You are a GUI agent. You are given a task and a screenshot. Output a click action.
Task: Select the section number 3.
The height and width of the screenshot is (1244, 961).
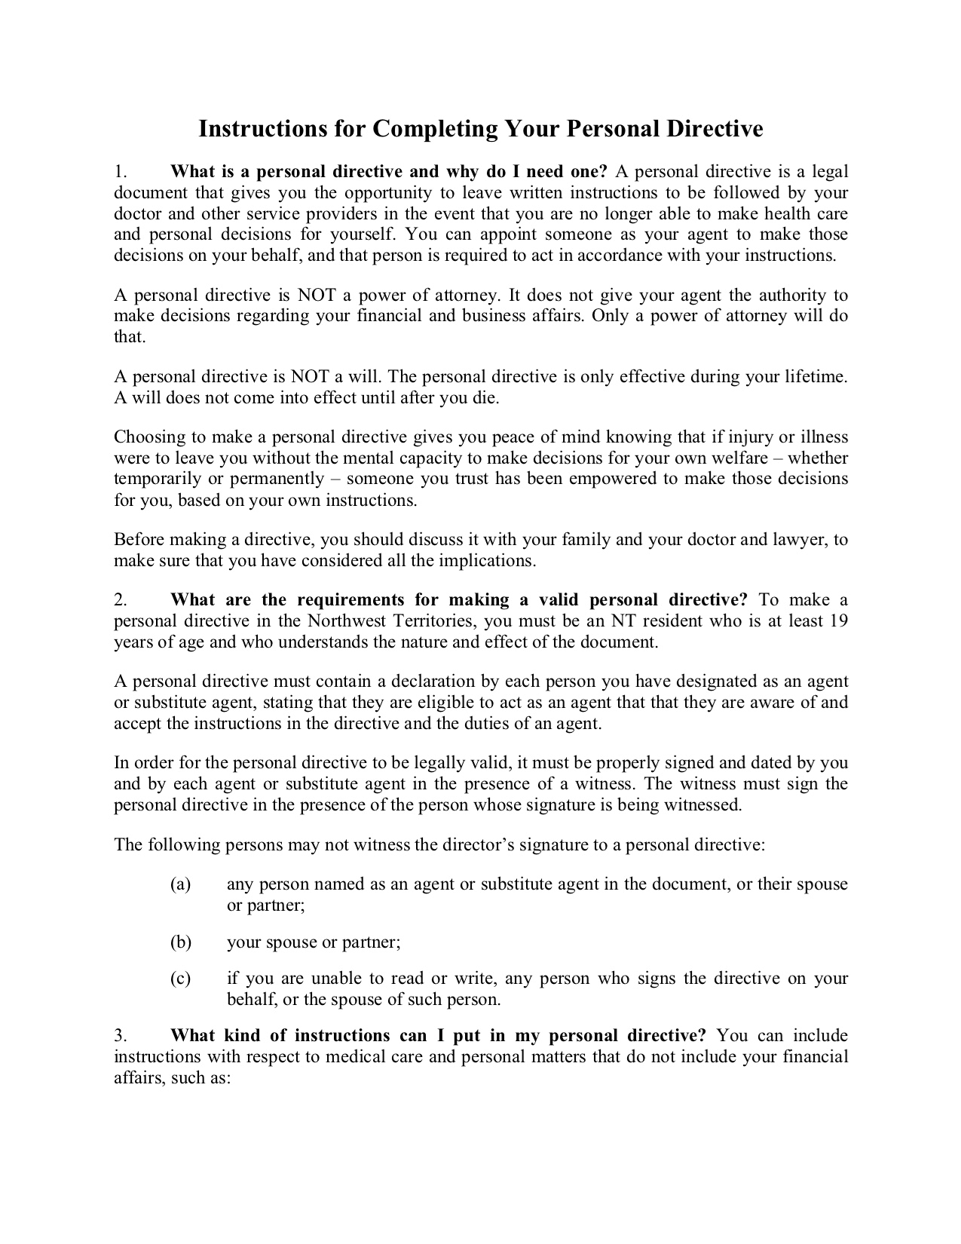click(121, 1036)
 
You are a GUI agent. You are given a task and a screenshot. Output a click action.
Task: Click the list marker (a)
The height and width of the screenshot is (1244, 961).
click(180, 884)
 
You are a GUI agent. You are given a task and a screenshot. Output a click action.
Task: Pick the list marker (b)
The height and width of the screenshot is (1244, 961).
click(181, 942)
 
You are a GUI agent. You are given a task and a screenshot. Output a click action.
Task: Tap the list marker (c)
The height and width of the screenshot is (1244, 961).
click(180, 979)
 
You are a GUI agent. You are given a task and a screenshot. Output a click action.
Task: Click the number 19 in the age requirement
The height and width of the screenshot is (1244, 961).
click(838, 621)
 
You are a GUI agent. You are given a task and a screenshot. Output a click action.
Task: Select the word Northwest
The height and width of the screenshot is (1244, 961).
click(344, 621)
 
